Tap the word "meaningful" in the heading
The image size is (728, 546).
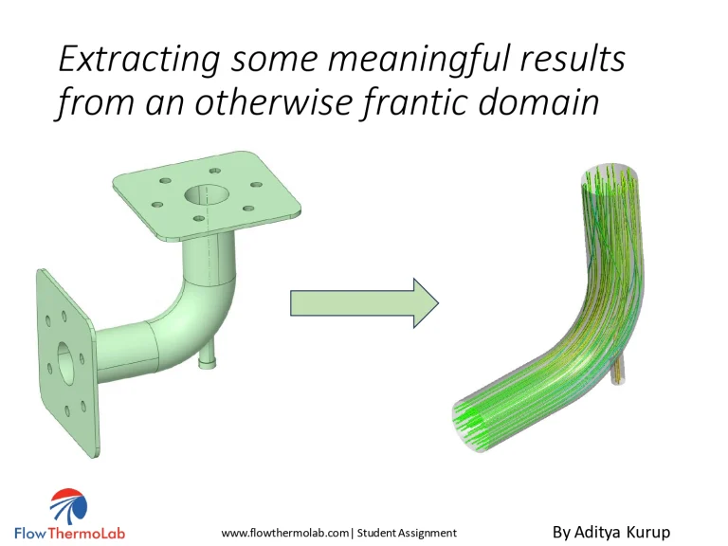405,60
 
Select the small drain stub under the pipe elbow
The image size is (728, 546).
205,358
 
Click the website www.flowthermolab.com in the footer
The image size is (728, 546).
285,533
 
